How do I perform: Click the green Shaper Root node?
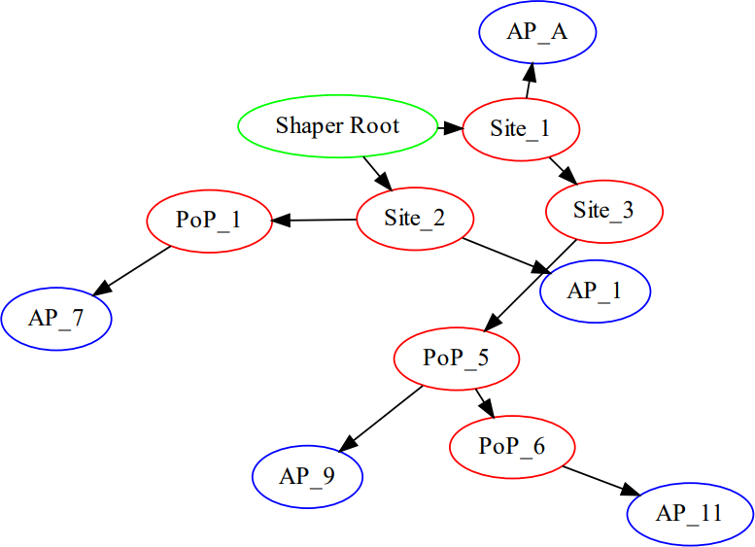click(x=337, y=125)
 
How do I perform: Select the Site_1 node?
click(x=521, y=128)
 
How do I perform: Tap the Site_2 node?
click(x=415, y=218)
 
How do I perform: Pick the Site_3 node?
click(x=603, y=211)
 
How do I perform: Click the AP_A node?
click(x=537, y=32)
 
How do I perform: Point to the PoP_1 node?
click(x=209, y=220)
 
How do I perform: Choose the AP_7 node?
click(x=56, y=318)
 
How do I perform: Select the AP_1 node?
click(x=595, y=290)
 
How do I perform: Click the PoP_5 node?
click(x=456, y=358)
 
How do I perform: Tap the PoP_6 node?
click(x=512, y=446)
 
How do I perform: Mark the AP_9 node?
click(x=307, y=476)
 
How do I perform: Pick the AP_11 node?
click(x=690, y=512)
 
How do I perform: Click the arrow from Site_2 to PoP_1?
click(x=315, y=221)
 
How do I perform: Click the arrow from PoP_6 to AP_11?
click(x=599, y=479)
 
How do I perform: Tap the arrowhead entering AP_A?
click(x=530, y=74)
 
